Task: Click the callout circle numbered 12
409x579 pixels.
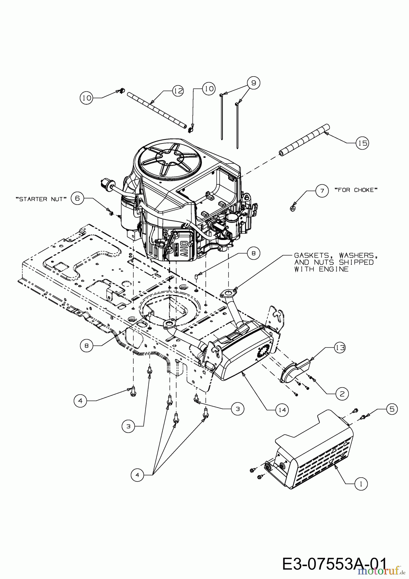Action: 177,91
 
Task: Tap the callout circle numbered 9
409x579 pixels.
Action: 254,83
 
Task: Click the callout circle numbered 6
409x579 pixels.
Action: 77,198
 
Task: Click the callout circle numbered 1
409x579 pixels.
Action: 361,483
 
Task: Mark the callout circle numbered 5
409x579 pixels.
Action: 392,409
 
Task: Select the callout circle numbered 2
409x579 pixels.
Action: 342,393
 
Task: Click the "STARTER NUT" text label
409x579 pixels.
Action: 41,199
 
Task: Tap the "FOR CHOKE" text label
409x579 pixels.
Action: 356,190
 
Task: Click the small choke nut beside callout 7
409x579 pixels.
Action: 292,208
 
